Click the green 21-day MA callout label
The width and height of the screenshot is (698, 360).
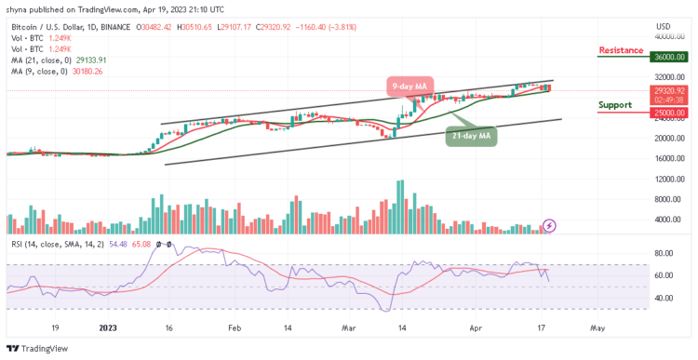click(471, 137)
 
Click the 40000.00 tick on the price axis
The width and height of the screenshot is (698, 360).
click(670, 36)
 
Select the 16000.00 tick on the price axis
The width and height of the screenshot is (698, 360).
click(670, 158)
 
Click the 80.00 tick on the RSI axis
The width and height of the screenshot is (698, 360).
click(664, 253)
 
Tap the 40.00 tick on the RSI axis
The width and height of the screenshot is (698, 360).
click(664, 299)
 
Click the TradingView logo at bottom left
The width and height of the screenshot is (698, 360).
click(38, 349)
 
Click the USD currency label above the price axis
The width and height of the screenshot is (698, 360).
click(663, 25)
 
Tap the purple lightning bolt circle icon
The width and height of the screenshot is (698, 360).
click(549, 225)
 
